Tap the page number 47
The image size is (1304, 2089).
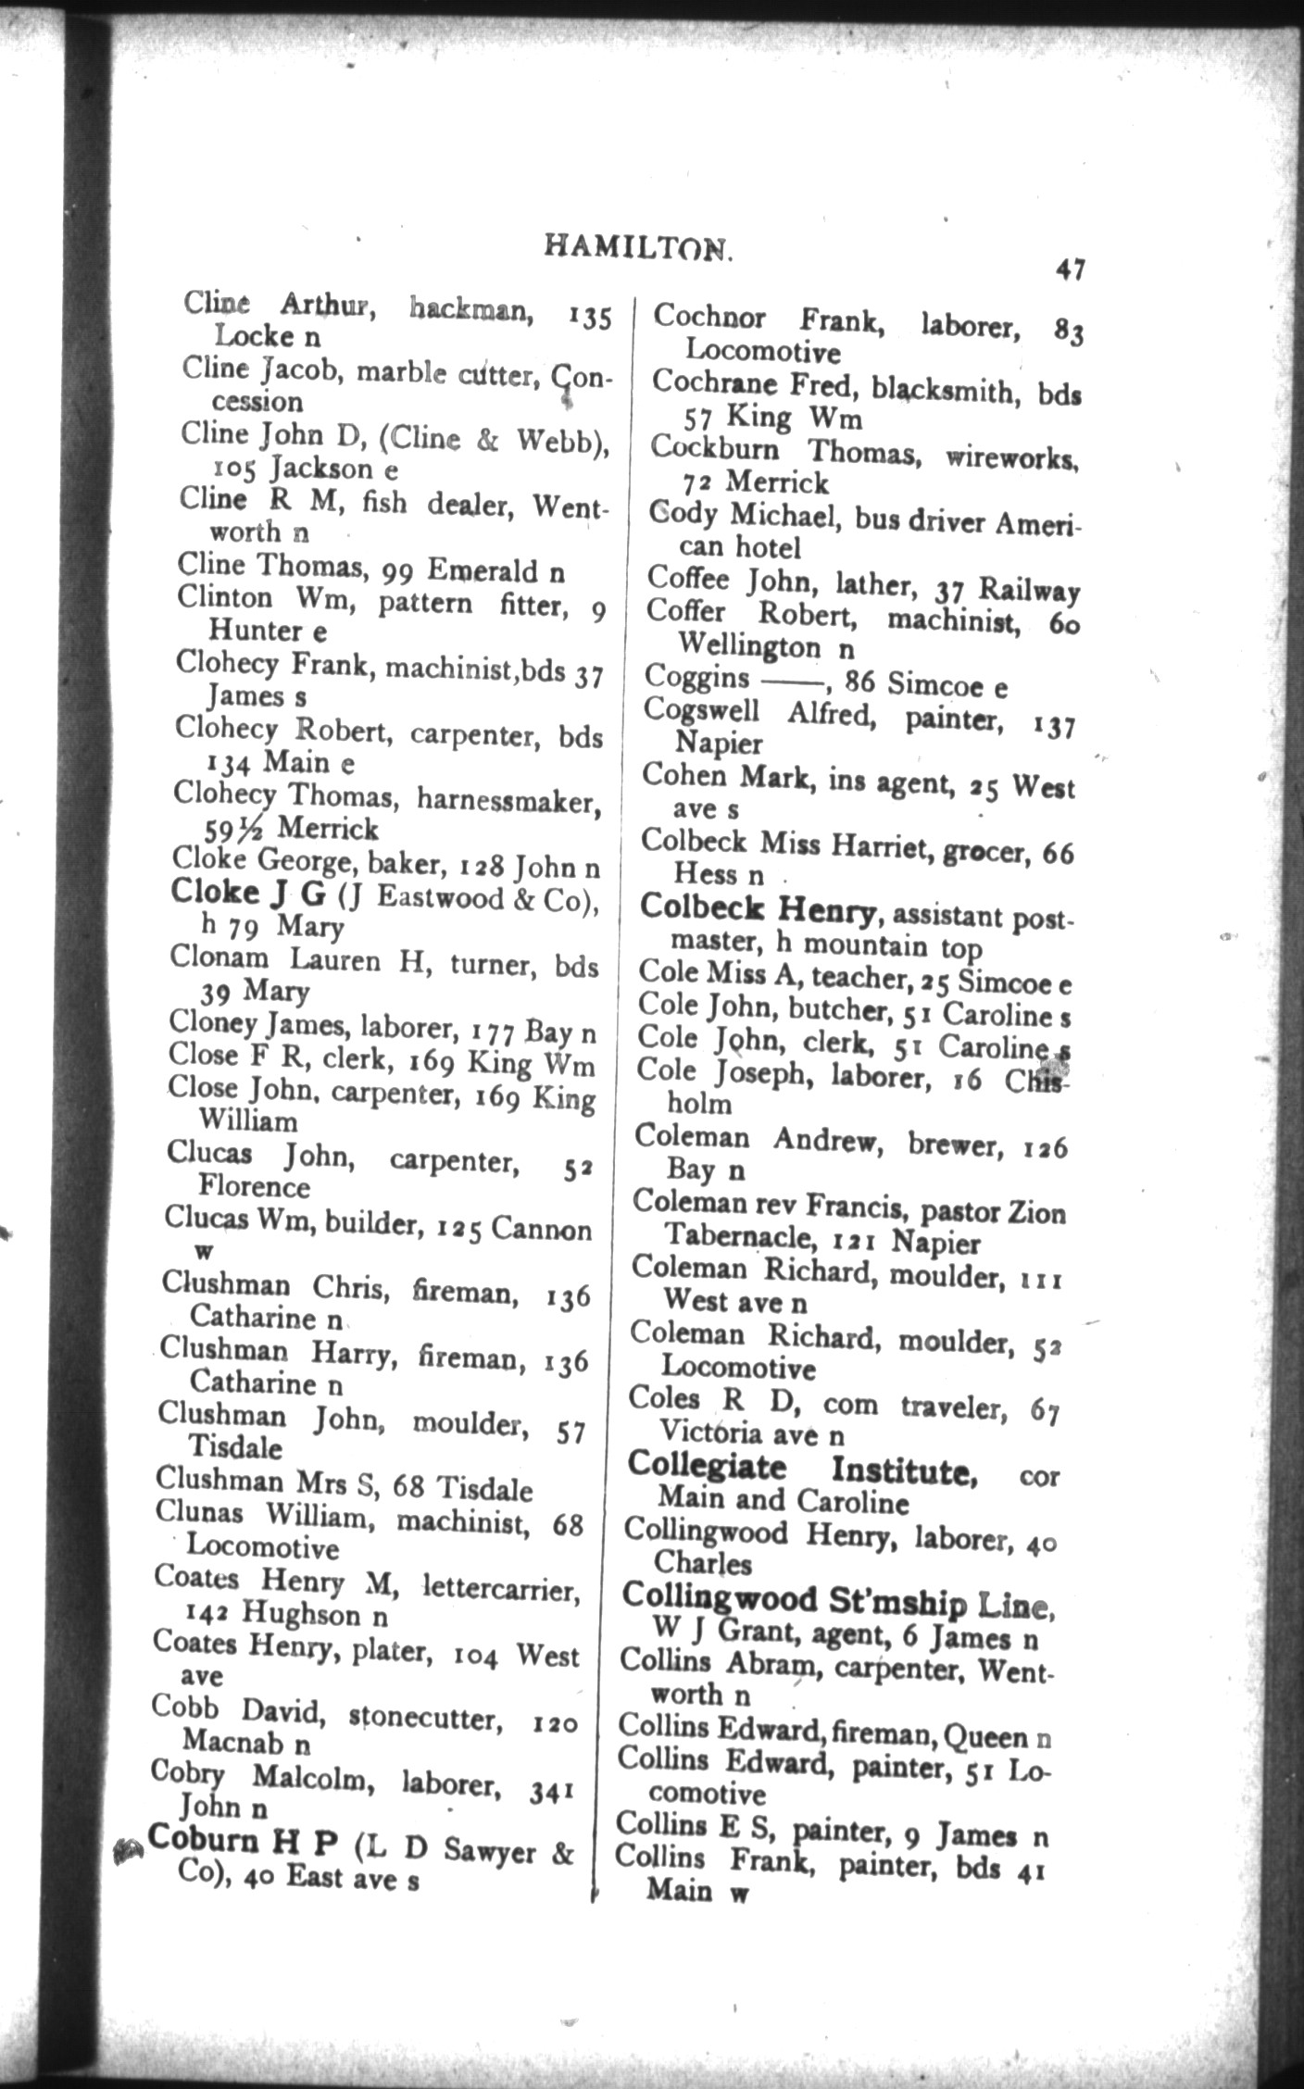tap(1069, 270)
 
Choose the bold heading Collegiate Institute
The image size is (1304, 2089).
tap(802, 1469)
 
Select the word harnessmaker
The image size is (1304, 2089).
tap(508, 799)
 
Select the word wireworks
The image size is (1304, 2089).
tap(1012, 456)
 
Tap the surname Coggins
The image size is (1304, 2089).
tap(697, 678)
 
